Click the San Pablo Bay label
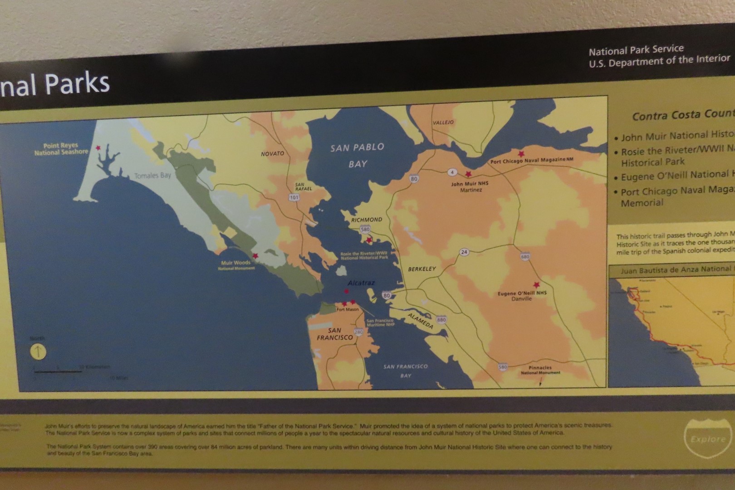click(x=358, y=155)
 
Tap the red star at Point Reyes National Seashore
click(x=98, y=148)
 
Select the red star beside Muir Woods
click(x=255, y=256)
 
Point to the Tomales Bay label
click(x=152, y=176)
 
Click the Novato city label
click(x=272, y=154)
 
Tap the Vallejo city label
click(x=443, y=122)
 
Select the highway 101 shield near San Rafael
click(x=294, y=197)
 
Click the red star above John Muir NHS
click(x=468, y=174)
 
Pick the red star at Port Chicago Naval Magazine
click(x=521, y=154)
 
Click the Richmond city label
click(x=367, y=220)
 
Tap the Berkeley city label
click(x=421, y=269)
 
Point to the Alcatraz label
click(x=361, y=283)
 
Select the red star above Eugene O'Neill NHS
click(x=537, y=285)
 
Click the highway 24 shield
click(x=464, y=252)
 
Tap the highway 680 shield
click(x=525, y=256)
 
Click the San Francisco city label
click(x=335, y=334)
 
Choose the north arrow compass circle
click(x=38, y=352)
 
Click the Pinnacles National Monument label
click(x=540, y=370)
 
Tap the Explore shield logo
click(x=708, y=438)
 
